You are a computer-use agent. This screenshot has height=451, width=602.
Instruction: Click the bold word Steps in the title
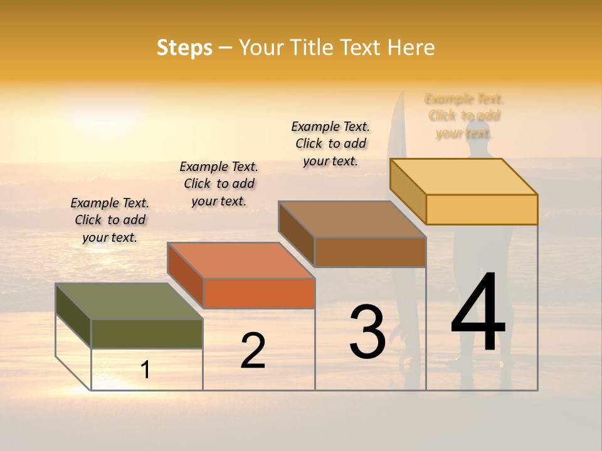click(x=184, y=48)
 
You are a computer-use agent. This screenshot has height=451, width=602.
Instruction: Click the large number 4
click(x=478, y=313)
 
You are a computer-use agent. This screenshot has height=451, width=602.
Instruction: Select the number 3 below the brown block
click(x=367, y=332)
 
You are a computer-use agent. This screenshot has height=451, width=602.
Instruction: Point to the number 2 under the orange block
click(x=253, y=351)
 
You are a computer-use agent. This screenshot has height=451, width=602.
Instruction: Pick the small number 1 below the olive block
click(x=145, y=370)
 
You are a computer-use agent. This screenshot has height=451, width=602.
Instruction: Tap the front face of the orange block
click(x=258, y=293)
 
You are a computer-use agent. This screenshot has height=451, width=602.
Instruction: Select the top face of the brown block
click(x=352, y=219)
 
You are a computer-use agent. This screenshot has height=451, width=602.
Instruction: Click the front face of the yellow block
click(x=482, y=209)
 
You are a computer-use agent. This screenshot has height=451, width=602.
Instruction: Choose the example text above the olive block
click(x=110, y=220)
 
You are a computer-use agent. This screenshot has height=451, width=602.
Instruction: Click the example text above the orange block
click(x=219, y=184)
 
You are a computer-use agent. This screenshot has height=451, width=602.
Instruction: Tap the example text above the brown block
click(x=330, y=143)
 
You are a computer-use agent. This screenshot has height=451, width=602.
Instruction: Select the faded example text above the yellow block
click(x=464, y=116)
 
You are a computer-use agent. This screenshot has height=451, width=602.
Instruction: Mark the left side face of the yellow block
click(x=408, y=190)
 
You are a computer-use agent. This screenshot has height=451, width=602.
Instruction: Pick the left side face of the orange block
click(x=185, y=274)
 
